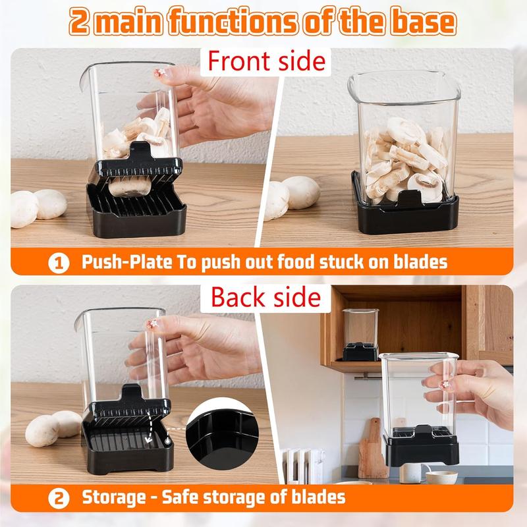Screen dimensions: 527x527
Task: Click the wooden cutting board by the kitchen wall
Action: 373,447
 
